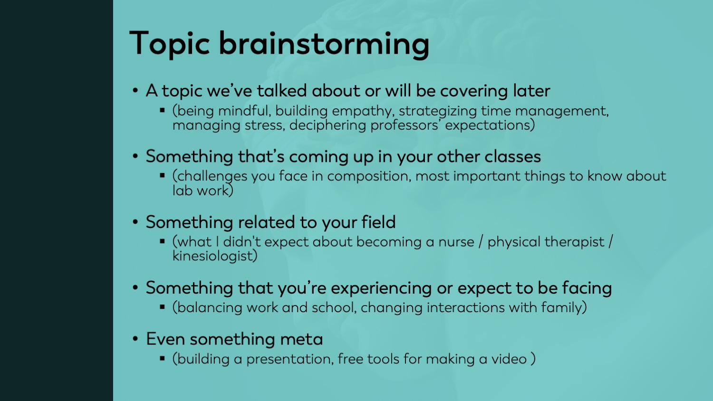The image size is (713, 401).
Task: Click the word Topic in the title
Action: coord(169,44)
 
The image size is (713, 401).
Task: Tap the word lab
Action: coord(183,191)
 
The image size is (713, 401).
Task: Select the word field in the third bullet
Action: coord(378,222)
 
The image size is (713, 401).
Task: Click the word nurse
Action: coord(456,242)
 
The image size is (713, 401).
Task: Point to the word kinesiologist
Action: coord(214,256)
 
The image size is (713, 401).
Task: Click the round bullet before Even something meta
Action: coord(136,339)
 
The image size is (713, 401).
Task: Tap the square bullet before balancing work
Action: coord(163,307)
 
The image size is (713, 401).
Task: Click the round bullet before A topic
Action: coord(136,91)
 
